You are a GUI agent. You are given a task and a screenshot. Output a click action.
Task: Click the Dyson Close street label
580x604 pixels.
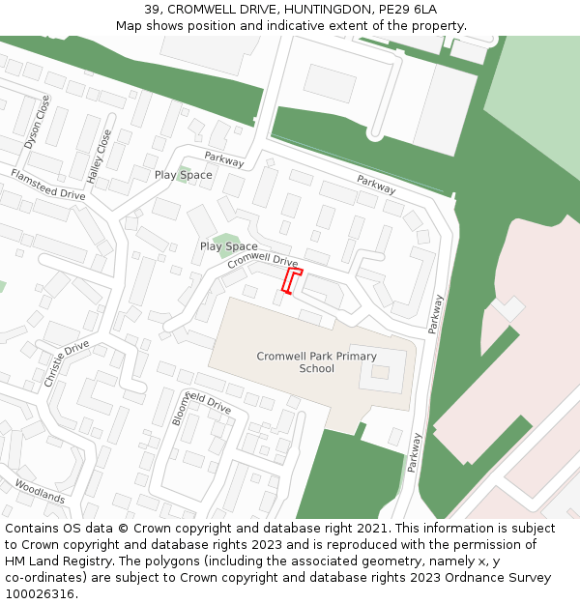[x=37, y=122]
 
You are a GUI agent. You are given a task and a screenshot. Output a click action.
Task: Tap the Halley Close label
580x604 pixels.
[x=100, y=157]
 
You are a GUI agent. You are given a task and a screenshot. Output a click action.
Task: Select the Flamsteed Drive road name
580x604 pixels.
[x=47, y=184]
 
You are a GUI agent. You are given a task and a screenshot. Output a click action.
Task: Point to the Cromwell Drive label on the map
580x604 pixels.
[x=263, y=261]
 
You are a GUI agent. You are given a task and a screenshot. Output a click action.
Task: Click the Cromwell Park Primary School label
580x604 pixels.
[x=317, y=361]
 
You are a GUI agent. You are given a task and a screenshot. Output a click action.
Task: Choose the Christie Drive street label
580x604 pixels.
[x=67, y=363]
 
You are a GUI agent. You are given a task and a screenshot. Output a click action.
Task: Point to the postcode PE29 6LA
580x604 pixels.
[x=410, y=9]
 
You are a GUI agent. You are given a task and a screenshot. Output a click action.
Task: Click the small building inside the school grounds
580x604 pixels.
[x=381, y=372]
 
